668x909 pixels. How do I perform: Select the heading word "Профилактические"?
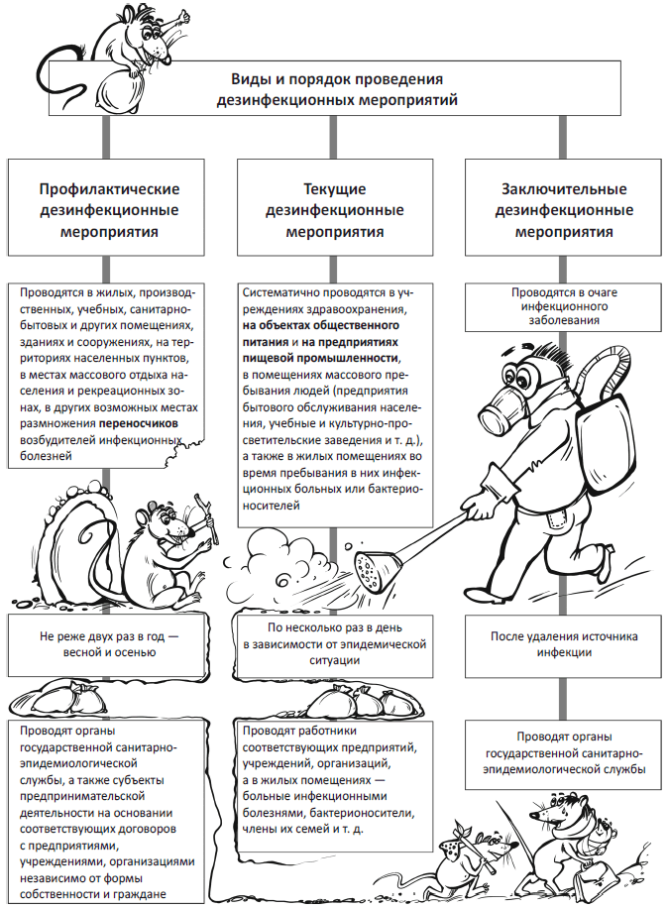(108, 188)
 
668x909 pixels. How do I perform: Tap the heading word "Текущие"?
(334, 188)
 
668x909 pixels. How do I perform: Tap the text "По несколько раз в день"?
(334, 628)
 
